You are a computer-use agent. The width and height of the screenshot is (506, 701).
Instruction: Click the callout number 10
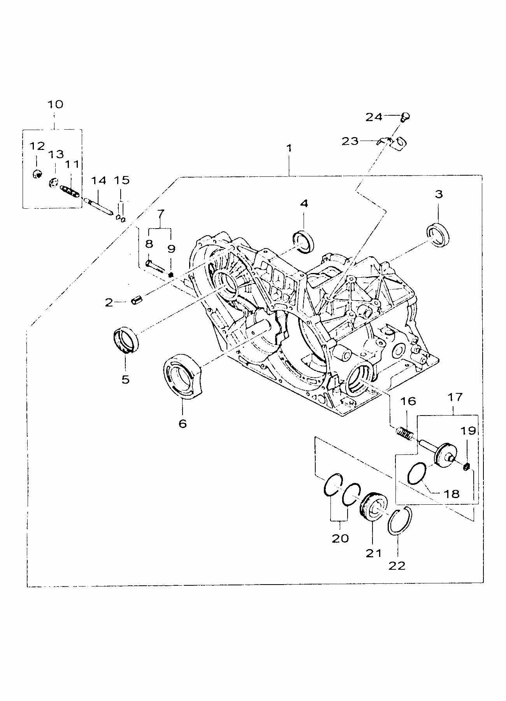(55, 104)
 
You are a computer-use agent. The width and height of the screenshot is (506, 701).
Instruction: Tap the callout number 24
(374, 116)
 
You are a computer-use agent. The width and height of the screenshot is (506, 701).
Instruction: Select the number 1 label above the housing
(289, 148)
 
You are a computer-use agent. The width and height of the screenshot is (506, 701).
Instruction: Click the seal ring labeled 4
(304, 241)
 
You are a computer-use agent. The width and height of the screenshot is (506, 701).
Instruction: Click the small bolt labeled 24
(405, 116)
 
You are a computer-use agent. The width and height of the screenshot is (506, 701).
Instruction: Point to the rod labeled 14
(99, 205)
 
